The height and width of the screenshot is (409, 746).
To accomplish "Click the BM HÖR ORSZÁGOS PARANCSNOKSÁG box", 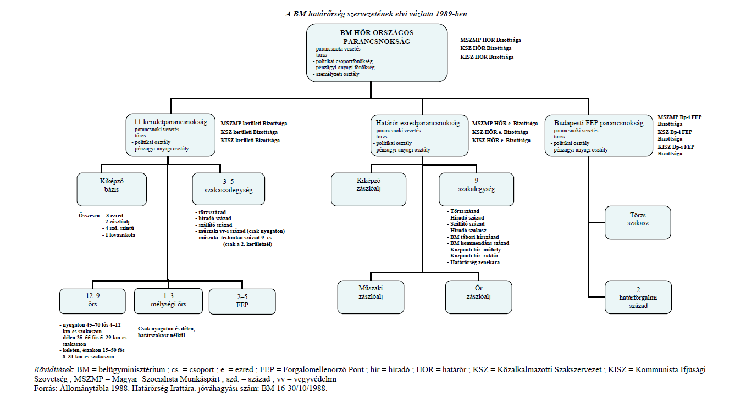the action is coord(377,53).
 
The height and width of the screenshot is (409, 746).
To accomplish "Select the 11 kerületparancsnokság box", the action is coord(170,135).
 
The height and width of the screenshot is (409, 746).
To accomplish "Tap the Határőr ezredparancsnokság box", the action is coord(419,136).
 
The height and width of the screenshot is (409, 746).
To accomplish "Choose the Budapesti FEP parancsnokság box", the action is coord(599,136).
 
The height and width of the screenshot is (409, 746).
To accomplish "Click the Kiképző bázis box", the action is coord(112,189).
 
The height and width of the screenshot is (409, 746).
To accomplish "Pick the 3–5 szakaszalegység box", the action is coord(229,189).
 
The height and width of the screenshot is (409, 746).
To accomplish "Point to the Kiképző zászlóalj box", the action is coord(369,189).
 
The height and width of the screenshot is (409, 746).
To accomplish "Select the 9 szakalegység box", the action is coord(476,189).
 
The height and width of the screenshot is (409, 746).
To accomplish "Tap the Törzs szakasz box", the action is coord(638,222).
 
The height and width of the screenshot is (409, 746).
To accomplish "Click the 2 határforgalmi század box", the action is coord(638,297).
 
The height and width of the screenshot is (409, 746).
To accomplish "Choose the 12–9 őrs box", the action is coord(92,301).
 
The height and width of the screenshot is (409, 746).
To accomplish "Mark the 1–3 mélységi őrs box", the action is coord(169,301).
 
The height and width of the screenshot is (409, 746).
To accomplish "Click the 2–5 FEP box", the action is coord(242,301).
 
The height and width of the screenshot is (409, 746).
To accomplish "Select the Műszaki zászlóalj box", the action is coord(371,297).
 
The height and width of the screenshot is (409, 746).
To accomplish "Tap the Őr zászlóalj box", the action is coord(479,297).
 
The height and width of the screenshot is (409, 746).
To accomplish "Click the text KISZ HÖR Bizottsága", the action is coord(487,57).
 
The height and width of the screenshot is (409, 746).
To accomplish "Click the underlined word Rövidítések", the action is coord(54,370).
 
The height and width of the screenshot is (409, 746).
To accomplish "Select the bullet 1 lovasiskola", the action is coord(119,235).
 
